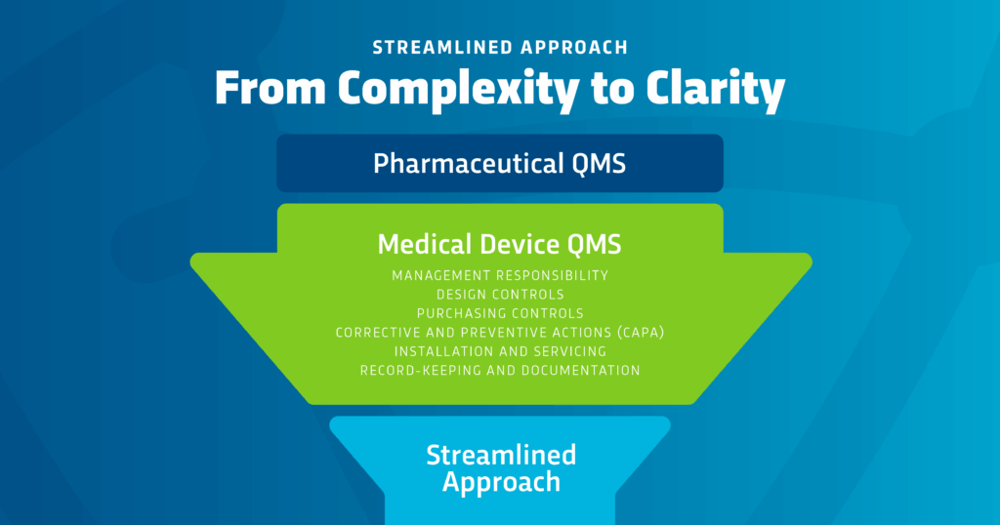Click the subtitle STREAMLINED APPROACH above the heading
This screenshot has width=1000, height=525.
tap(499, 46)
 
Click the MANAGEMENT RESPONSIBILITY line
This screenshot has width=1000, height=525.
tap(499, 275)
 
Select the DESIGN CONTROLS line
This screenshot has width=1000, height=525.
tap(499, 294)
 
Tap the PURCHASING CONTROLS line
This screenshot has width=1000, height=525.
tap(499, 313)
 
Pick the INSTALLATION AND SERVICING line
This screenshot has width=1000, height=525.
tap(499, 351)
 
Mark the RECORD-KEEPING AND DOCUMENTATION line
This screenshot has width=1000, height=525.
tap(499, 371)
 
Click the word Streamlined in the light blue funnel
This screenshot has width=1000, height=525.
tap(500, 455)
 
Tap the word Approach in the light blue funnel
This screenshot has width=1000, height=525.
tap(500, 481)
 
